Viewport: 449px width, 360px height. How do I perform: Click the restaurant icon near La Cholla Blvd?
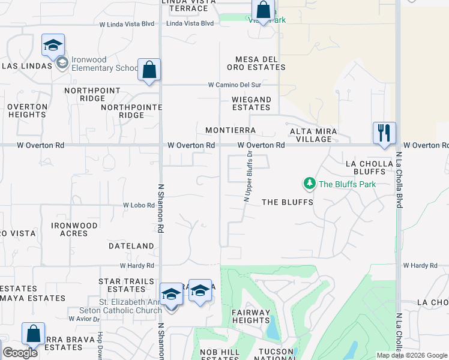click(x=384, y=133)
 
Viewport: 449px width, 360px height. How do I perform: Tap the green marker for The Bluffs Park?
click(x=309, y=183)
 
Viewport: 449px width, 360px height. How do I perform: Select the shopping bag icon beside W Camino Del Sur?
click(x=149, y=70)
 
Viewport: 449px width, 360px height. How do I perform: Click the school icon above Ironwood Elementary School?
click(x=53, y=45)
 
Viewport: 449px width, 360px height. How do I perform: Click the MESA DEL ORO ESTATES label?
click(x=260, y=63)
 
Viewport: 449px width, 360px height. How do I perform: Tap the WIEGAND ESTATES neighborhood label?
click(x=251, y=103)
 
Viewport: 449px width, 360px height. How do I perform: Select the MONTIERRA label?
click(x=231, y=130)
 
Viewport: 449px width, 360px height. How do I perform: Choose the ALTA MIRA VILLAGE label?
click(x=314, y=134)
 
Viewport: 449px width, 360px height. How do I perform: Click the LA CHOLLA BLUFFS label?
click(x=369, y=167)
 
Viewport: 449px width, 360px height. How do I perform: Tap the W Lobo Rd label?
click(x=139, y=205)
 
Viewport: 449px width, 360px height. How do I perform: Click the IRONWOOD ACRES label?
click(x=74, y=229)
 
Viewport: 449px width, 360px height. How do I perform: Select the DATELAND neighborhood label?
click(x=131, y=246)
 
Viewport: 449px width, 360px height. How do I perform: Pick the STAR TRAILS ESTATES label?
click(x=122, y=285)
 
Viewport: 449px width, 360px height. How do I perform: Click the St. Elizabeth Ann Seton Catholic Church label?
click(x=121, y=306)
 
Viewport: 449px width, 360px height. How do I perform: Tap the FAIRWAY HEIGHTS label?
click(x=251, y=316)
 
